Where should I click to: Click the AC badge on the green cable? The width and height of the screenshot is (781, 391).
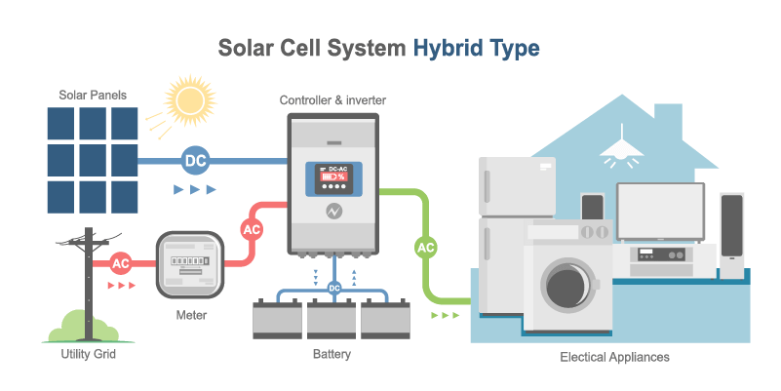click(x=426, y=248)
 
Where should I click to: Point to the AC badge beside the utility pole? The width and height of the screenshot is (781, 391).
click(x=121, y=263)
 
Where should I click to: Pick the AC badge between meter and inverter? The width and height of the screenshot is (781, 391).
click(x=252, y=230)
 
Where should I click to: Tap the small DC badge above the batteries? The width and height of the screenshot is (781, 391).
click(x=333, y=288)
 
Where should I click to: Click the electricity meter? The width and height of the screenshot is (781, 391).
click(x=191, y=263)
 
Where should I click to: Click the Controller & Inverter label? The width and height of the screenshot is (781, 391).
click(x=332, y=100)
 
